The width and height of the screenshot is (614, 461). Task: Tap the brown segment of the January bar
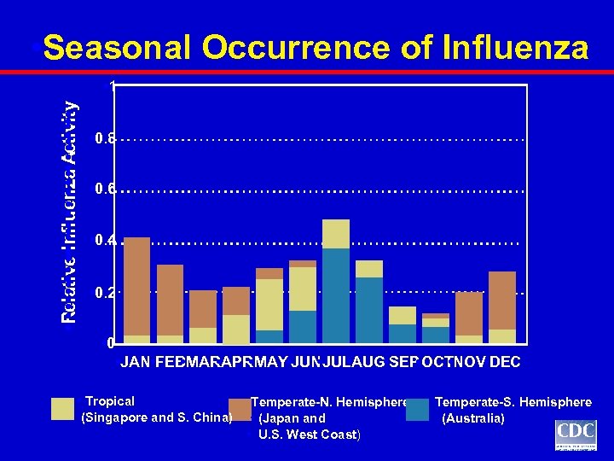point(136,286)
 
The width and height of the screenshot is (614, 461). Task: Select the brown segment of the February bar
point(170,300)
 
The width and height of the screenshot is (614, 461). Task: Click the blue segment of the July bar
point(336,295)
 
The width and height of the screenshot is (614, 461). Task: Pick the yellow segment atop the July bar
point(336,234)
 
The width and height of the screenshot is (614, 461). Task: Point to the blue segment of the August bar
point(369,310)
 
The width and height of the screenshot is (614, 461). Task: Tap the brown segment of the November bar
point(469,313)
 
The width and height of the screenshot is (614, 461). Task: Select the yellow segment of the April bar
point(236,329)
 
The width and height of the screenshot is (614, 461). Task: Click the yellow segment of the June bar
point(303,289)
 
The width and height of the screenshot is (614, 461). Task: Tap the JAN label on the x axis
point(137,362)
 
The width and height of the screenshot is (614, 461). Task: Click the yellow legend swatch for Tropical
point(62,410)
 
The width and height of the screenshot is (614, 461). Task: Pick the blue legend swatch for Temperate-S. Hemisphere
point(418,410)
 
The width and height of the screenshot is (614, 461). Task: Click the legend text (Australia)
point(473,418)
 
